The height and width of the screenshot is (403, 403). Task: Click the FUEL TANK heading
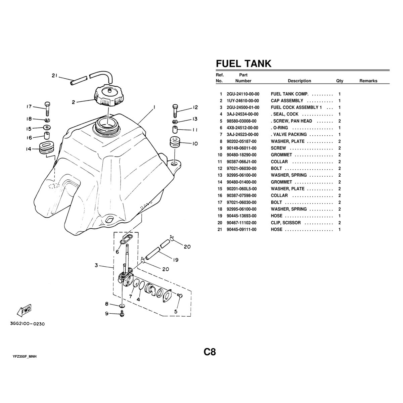243,63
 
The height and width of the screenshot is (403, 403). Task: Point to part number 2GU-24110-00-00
243,94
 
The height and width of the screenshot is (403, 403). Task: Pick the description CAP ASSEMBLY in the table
287,101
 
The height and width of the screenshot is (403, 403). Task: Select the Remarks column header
368,81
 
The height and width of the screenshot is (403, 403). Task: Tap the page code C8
209,352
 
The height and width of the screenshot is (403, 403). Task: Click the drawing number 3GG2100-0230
28,324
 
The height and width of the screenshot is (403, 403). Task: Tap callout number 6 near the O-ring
117,252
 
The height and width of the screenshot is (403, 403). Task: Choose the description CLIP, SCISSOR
286,223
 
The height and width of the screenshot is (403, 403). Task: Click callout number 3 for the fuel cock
96,266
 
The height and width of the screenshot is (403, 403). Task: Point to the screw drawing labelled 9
122,315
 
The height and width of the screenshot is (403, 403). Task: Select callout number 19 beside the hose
175,260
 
